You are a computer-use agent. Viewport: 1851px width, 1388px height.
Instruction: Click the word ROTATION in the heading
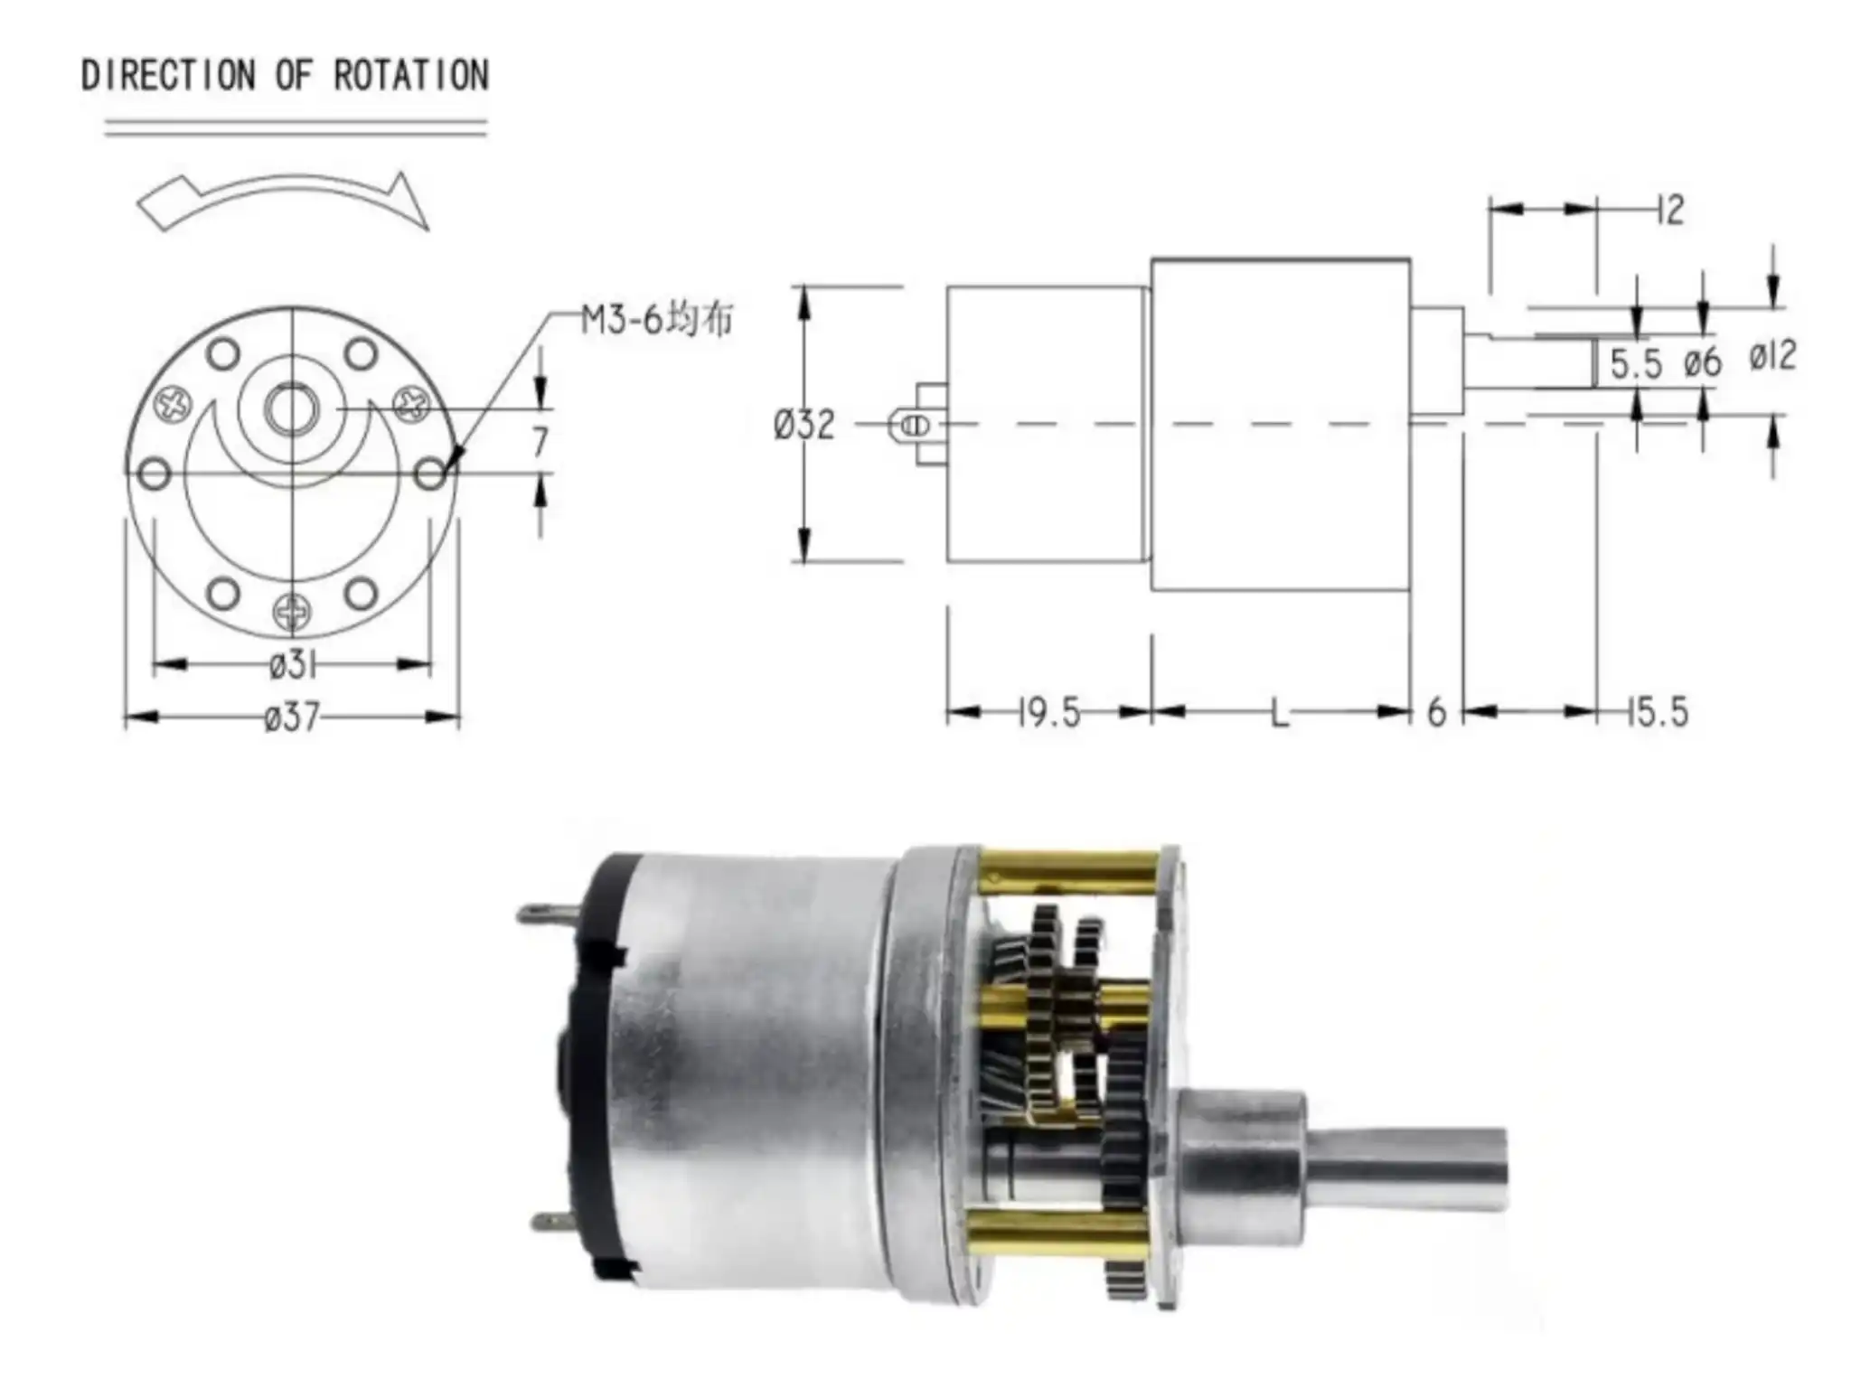(x=411, y=74)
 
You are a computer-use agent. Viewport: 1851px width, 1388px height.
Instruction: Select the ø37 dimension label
(x=292, y=717)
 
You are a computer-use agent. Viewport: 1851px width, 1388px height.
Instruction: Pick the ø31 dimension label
(x=292, y=666)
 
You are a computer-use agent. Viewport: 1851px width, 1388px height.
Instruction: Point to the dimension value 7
(x=540, y=442)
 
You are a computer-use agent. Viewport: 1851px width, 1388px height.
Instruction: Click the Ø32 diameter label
(x=803, y=425)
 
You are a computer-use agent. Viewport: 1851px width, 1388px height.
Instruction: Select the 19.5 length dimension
(x=1048, y=714)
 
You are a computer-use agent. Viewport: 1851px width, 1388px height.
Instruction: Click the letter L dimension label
(x=1278, y=714)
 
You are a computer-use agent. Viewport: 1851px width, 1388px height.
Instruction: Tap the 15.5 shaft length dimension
(x=1657, y=713)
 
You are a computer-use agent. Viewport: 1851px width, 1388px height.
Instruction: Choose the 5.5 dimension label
(x=1636, y=364)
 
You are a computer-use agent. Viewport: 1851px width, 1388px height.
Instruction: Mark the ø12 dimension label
(x=1771, y=356)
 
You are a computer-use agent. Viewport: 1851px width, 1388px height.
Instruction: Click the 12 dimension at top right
(x=1671, y=211)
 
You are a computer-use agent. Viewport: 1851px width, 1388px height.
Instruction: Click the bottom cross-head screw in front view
(x=292, y=614)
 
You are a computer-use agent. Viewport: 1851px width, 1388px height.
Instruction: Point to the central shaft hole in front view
(x=291, y=408)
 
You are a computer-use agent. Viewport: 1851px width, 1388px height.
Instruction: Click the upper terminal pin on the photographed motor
(x=547, y=914)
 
